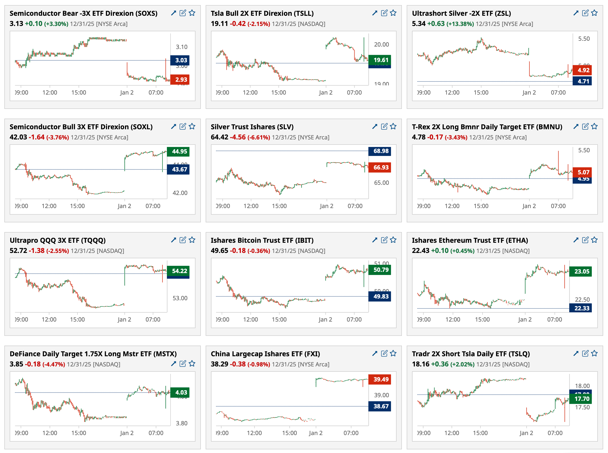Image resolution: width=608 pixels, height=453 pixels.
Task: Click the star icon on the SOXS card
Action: click(x=192, y=13)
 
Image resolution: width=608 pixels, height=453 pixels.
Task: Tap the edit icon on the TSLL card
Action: click(x=384, y=13)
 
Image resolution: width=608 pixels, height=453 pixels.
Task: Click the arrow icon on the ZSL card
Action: click(x=576, y=13)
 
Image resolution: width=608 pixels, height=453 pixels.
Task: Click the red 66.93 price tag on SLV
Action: click(x=381, y=167)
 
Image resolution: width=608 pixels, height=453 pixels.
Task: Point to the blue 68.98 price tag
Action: click(x=381, y=151)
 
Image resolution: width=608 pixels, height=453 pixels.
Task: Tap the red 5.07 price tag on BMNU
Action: click(x=583, y=172)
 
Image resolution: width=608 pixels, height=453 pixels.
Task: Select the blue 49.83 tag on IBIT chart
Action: click(x=381, y=296)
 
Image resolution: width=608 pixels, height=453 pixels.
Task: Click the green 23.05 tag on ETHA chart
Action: click(x=581, y=271)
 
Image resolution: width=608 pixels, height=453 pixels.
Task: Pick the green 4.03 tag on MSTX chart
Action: click(x=181, y=392)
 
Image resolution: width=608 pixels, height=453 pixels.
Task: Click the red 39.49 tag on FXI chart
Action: click(x=381, y=379)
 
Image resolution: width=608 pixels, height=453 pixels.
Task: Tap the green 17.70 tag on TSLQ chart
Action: click(x=581, y=399)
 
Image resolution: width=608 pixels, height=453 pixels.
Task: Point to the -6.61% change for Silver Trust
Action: click(x=259, y=138)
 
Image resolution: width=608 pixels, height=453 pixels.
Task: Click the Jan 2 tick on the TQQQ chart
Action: click(x=124, y=319)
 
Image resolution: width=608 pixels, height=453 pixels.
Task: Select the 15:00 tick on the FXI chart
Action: click(x=289, y=433)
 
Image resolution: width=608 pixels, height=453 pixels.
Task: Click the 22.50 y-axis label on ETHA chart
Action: click(x=582, y=299)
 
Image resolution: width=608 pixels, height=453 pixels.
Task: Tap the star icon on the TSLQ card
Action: click(x=594, y=354)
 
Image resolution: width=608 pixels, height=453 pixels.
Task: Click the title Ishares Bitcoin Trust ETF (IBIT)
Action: click(x=262, y=240)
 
